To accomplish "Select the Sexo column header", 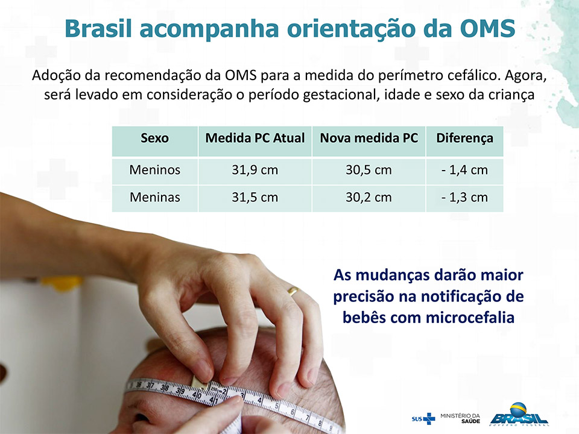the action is click(x=155, y=138).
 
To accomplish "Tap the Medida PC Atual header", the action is click(x=255, y=138).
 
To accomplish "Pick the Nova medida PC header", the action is click(x=369, y=138).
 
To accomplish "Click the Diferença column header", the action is click(x=464, y=139).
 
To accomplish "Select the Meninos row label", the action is click(x=155, y=170).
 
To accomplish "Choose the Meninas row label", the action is click(x=155, y=198).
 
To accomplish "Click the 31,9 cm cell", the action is click(x=255, y=170).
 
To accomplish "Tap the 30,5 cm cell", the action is click(x=369, y=170).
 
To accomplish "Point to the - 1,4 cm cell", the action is click(x=464, y=170).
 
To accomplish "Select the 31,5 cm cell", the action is click(x=255, y=198).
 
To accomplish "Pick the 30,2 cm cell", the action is click(x=369, y=198).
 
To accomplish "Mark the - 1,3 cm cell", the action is click(x=464, y=198).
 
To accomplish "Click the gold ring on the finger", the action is click(x=293, y=291).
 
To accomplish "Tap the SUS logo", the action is click(x=423, y=418).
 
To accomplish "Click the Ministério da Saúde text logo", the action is click(x=460, y=418).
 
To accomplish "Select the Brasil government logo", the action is click(x=519, y=415).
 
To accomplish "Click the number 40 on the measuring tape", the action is click(x=196, y=395).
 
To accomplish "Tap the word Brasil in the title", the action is click(x=98, y=28).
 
